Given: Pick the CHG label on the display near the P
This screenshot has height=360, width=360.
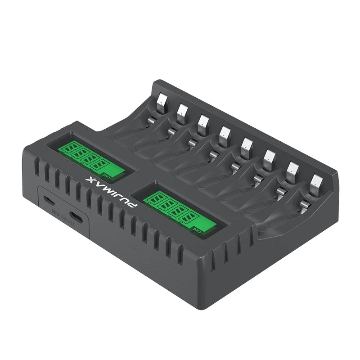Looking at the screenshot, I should coord(197,230).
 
